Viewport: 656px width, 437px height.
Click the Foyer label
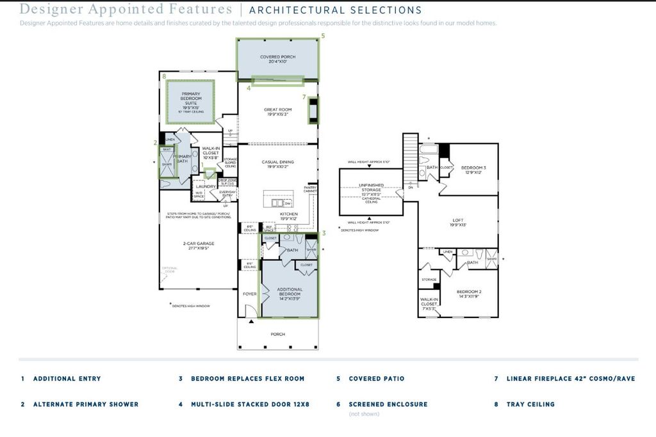249,294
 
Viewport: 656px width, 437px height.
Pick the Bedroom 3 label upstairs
473,170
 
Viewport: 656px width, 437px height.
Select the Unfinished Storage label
371,187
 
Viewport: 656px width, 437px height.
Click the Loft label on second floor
458,222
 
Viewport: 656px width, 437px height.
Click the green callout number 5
323,36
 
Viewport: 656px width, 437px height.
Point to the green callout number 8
164,77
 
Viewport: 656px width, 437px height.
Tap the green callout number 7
304,97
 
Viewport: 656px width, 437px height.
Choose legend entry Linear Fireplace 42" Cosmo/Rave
570,379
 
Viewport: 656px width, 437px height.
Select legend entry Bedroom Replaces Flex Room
247,379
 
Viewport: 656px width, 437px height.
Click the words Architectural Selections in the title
335,10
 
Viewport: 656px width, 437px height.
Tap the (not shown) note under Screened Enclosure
364,414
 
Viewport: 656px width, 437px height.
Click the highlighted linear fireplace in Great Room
313,109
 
